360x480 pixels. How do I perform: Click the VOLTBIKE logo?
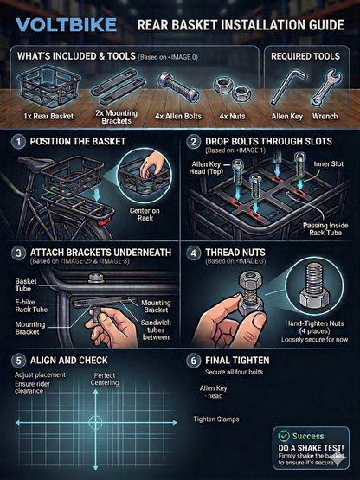click(66, 25)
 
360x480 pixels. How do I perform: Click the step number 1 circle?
click(19, 140)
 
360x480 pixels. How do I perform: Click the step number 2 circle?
click(195, 140)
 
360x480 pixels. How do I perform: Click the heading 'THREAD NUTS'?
click(239, 253)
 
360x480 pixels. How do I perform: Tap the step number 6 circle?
click(195, 359)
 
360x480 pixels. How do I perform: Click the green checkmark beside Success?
click(282, 437)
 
